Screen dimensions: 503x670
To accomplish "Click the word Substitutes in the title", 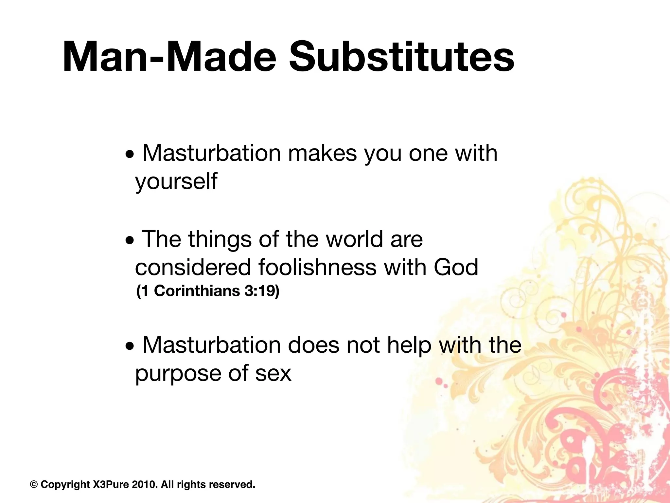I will point(401,56).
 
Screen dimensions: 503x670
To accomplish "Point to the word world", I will point(354,239).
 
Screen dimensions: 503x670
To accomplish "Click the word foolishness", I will point(317,267).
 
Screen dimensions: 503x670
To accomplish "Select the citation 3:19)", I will point(262,291).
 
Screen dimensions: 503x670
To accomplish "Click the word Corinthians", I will point(197,291).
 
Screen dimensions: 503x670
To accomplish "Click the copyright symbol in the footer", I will point(34,484).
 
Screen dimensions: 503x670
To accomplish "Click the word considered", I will point(193,267).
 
